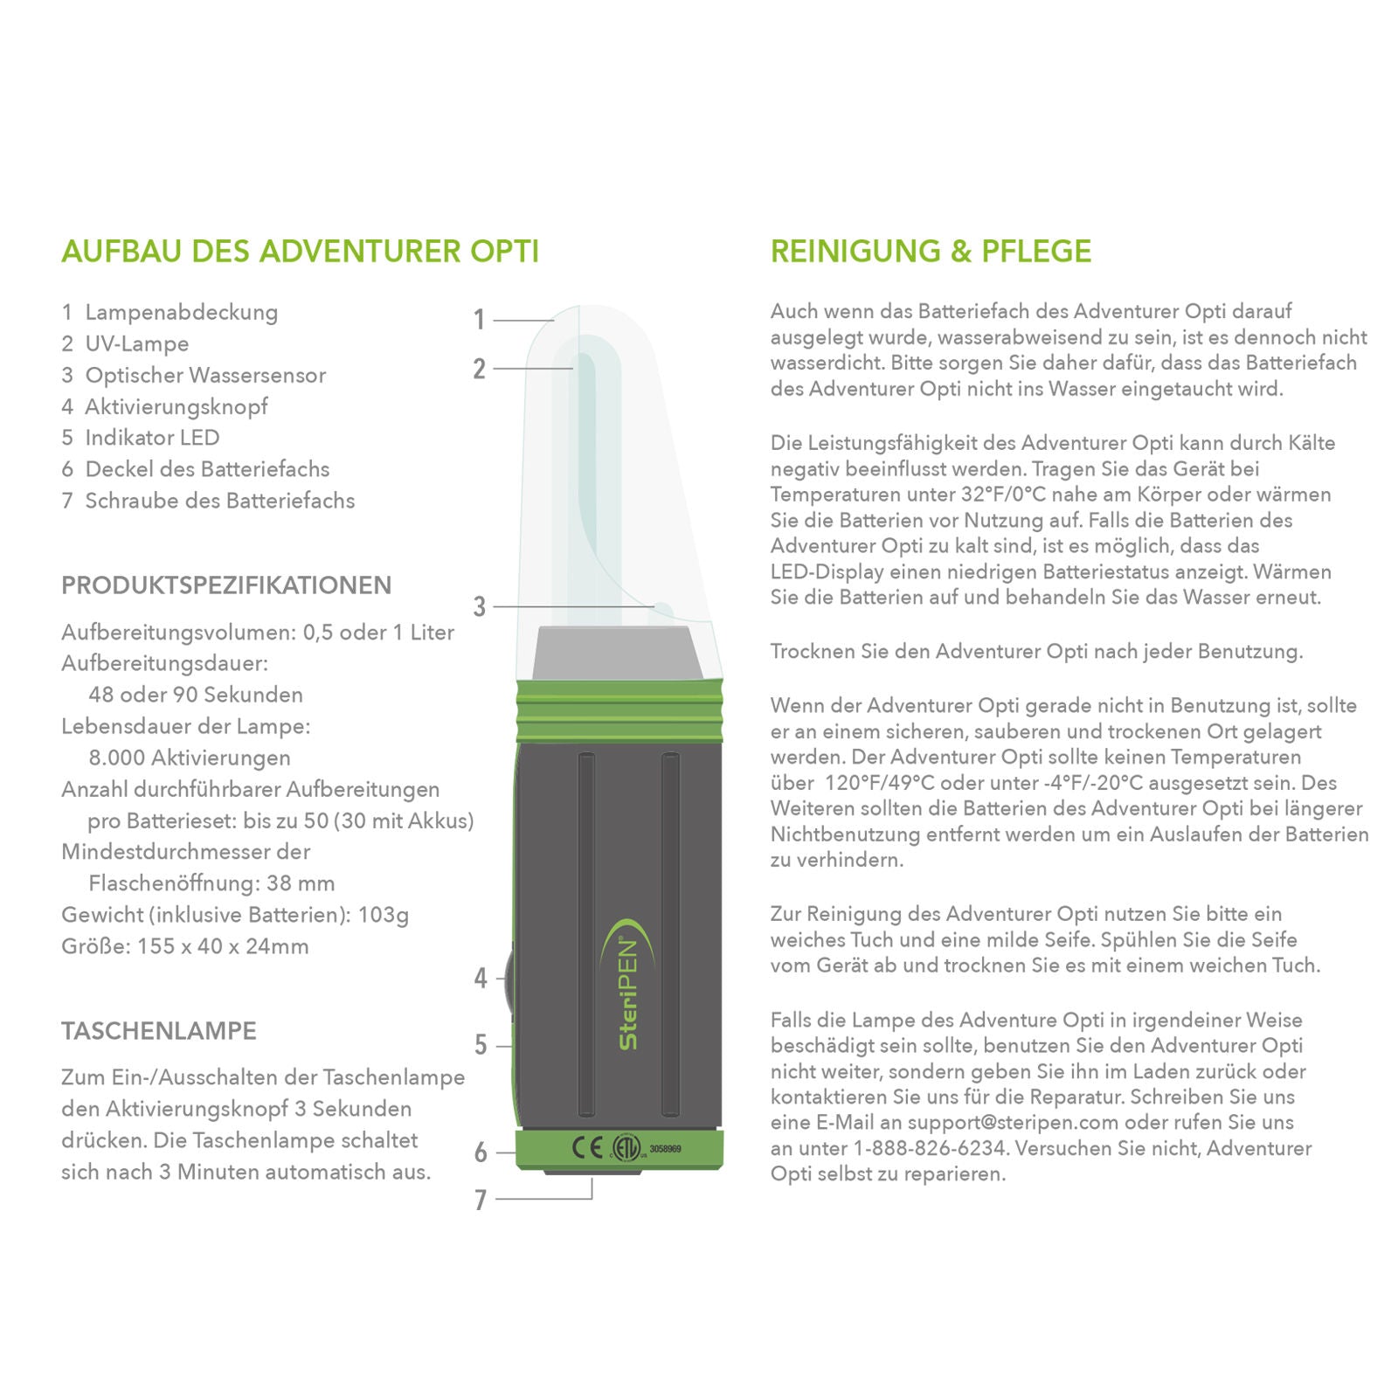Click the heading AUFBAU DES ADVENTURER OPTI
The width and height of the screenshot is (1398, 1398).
click(x=300, y=252)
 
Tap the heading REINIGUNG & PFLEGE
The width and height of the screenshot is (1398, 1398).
click(x=931, y=252)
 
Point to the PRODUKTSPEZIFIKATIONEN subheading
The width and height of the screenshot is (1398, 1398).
click(x=226, y=585)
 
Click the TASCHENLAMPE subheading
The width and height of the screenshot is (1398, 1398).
click(x=159, y=1031)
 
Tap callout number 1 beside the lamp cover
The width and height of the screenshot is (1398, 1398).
click(x=479, y=320)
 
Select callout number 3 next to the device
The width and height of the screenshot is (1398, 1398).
click(x=479, y=606)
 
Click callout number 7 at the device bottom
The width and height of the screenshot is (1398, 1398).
click(x=480, y=1200)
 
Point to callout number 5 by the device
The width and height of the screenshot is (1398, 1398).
click(x=480, y=1045)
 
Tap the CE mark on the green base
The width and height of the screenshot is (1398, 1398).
click(x=586, y=1147)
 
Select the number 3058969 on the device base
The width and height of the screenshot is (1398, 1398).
click(x=665, y=1149)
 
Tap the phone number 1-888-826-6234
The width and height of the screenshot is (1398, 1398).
click(x=931, y=1148)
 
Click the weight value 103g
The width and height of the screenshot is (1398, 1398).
click(x=384, y=915)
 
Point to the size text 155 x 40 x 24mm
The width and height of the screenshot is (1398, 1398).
click(x=223, y=946)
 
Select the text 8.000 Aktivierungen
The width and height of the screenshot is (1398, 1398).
click(x=190, y=758)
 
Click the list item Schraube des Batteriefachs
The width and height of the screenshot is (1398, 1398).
click(x=219, y=501)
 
